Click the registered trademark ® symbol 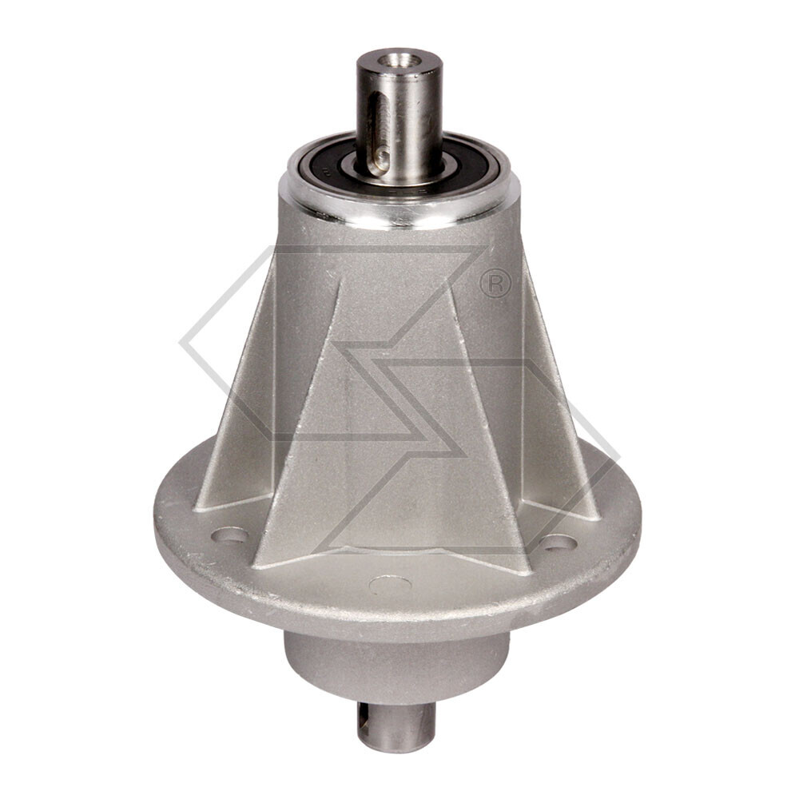[x=495, y=283]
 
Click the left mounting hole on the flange [x=230, y=534]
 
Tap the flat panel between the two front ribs [x=397, y=399]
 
